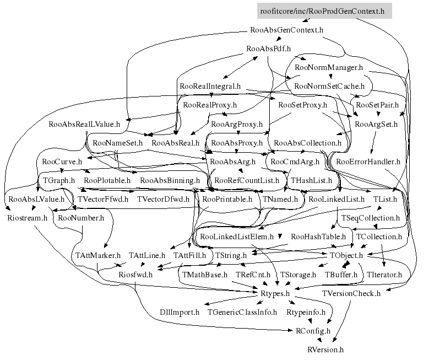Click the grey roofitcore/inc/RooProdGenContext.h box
click(324, 11)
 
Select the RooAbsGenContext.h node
click(286, 30)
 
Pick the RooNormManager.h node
click(329, 67)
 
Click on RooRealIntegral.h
click(210, 87)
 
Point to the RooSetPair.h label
click(377, 105)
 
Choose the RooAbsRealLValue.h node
click(84, 124)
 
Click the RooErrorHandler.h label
click(368, 162)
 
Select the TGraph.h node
click(59, 180)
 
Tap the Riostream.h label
click(27, 218)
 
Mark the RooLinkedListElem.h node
click(237, 237)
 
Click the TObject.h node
click(346, 256)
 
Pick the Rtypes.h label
click(275, 293)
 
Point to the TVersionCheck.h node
click(351, 293)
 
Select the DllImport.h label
click(180, 313)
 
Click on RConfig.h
click(313, 331)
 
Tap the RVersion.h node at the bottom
click(325, 350)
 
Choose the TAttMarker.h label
click(97, 256)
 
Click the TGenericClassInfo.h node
click(242, 313)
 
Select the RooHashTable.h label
click(318, 237)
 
